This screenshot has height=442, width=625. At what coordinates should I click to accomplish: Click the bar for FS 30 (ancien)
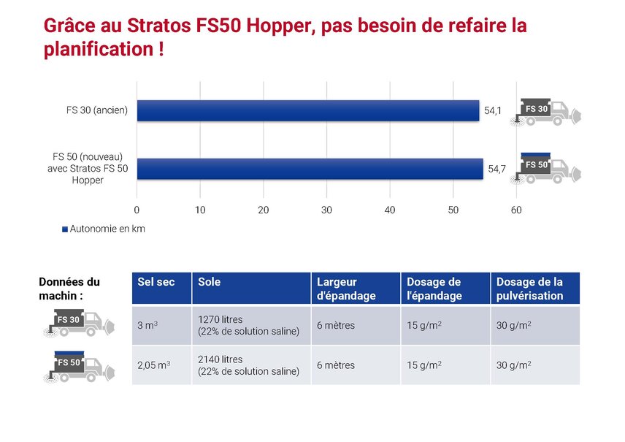(x=307, y=110)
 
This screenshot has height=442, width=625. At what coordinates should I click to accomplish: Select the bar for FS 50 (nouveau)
(x=310, y=169)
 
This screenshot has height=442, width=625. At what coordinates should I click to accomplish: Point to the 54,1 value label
(x=493, y=111)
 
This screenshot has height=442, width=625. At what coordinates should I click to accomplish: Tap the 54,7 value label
(x=496, y=169)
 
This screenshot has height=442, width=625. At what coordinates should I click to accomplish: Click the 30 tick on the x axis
(x=326, y=210)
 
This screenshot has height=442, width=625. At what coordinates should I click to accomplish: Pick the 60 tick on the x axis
(x=516, y=210)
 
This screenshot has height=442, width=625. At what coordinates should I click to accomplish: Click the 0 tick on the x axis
(x=137, y=210)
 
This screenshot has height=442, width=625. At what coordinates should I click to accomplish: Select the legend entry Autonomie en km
(x=104, y=229)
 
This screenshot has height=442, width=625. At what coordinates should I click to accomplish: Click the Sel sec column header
(x=156, y=282)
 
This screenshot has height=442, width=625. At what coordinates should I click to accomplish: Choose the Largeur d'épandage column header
(x=346, y=289)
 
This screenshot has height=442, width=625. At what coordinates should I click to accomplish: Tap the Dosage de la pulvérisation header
(x=529, y=289)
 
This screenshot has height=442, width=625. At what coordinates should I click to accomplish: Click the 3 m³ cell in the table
(x=147, y=325)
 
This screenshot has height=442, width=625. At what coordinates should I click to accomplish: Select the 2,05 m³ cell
(x=153, y=365)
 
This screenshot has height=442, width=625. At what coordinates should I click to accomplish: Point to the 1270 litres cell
(x=248, y=325)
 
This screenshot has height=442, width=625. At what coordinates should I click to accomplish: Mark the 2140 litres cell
(x=248, y=365)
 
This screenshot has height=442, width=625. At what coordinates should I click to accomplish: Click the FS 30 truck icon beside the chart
(x=546, y=111)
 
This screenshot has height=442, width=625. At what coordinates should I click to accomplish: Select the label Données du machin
(x=69, y=288)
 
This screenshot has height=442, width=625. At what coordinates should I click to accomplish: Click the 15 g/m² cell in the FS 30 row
(x=424, y=325)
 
